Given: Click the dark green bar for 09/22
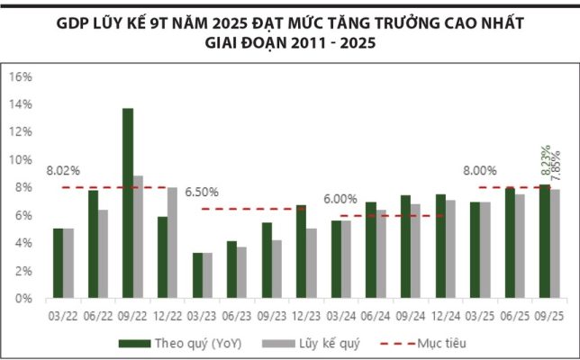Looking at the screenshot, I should point(128,203).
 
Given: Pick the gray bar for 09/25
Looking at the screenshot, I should point(556,244).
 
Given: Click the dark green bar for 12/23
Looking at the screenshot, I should point(301,252).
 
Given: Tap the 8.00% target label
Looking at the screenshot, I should point(480,170).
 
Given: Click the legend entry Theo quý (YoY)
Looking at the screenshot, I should point(179,343).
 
